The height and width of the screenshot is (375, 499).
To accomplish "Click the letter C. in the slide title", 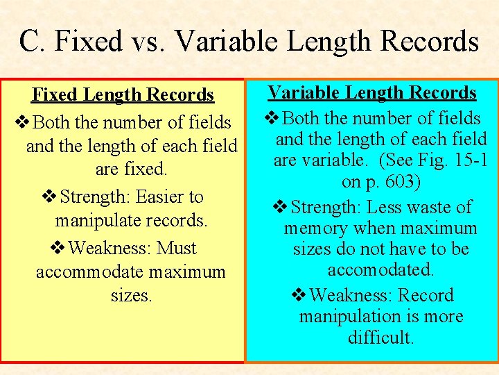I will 32,41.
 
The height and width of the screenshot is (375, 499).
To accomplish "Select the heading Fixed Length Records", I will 123,94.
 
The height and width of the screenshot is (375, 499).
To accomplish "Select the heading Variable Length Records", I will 372,92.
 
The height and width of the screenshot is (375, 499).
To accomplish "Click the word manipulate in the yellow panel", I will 104,221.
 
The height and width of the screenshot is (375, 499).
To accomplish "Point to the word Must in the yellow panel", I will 177,248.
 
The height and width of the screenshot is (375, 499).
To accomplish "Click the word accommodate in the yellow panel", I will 85,272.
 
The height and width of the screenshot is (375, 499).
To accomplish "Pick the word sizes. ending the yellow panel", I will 131,295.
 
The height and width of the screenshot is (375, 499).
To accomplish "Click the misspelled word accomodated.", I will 380,269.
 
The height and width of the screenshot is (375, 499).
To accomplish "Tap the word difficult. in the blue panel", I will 380,338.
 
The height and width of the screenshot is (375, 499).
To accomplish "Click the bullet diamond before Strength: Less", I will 280,208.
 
